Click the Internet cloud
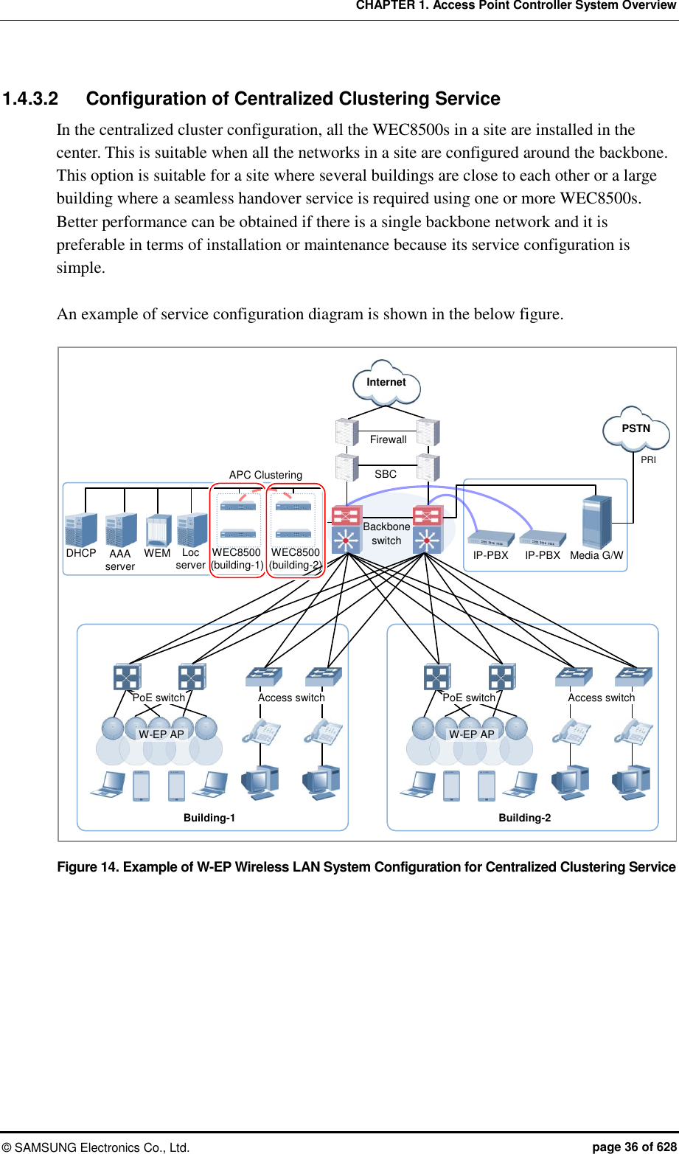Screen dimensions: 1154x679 tap(386, 382)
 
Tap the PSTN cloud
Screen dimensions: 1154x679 tap(636, 428)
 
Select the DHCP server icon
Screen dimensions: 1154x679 tap(81, 529)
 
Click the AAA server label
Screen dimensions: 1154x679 tap(119, 560)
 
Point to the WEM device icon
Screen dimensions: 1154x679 tap(159, 529)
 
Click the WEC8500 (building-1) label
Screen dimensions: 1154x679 tap(237, 559)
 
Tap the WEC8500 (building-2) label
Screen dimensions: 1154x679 tap(295, 559)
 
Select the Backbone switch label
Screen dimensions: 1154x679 tap(386, 533)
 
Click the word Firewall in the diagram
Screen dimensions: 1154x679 tap(388, 439)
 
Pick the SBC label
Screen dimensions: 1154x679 tap(386, 474)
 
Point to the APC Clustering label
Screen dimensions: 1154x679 tap(265, 475)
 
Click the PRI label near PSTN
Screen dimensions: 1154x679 tap(648, 459)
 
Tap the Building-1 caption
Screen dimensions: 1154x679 tap(209, 818)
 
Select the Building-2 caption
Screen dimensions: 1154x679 tap(524, 818)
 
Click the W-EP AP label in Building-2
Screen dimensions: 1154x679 tap(472, 734)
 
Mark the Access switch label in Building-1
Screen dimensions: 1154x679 tap(291, 698)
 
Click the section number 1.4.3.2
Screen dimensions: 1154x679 tap(30, 99)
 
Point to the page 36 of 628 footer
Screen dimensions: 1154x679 tap(635, 1147)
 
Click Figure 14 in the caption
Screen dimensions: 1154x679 tap(88, 867)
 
